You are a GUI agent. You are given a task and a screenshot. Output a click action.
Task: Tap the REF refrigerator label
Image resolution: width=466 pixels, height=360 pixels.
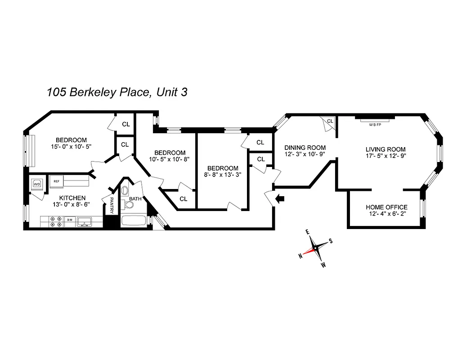57,181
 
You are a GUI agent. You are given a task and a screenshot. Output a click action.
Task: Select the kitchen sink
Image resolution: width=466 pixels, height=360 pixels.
84,221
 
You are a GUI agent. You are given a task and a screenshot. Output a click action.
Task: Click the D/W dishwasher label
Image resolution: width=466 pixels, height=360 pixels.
70,220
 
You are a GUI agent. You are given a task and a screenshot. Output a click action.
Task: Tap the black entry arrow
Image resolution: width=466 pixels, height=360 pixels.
280,198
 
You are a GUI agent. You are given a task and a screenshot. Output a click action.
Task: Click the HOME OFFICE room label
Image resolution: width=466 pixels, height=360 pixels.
386,207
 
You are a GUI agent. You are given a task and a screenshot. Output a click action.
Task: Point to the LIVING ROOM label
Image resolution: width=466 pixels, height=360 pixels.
385,149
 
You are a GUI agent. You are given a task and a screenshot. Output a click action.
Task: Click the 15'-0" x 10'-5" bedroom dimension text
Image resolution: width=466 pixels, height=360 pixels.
71,147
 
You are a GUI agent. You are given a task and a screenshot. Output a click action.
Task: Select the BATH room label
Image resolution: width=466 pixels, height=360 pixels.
135,198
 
